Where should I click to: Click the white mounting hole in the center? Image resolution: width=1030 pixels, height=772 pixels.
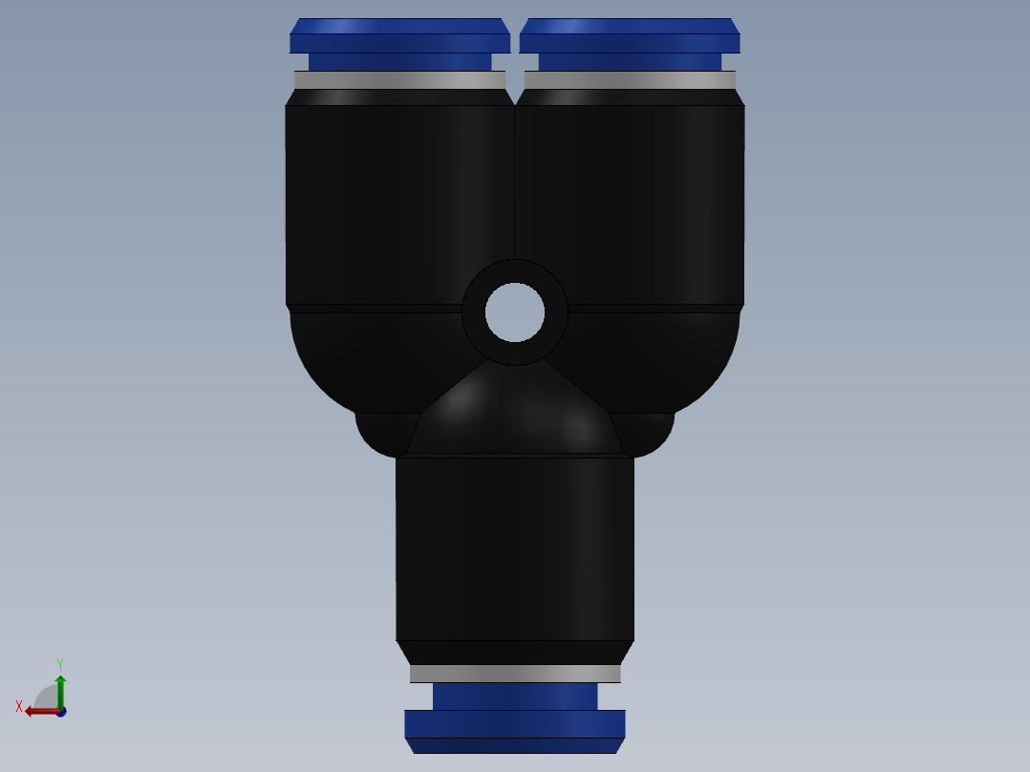[x=515, y=312]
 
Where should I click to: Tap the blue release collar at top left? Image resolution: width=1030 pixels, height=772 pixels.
[x=399, y=39]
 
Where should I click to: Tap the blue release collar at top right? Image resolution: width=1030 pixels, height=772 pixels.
[x=630, y=39]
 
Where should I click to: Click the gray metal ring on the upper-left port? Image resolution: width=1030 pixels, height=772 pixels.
[x=399, y=80]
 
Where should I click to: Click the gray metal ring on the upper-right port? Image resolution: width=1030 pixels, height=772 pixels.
[x=630, y=80]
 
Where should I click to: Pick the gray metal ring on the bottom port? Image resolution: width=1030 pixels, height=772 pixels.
[x=515, y=674]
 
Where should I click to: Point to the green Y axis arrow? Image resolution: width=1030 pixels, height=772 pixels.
[x=60, y=689]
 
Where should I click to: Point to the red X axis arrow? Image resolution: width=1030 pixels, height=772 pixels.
[x=38, y=711]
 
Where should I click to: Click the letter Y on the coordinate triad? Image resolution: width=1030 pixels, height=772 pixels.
[x=59, y=663]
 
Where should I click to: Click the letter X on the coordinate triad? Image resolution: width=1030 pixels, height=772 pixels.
[x=19, y=706]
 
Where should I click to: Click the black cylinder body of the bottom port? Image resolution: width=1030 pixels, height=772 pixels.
[x=515, y=549]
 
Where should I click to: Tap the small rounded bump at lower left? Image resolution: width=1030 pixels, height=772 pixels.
[x=382, y=432]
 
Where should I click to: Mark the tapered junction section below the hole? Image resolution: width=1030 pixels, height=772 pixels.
[x=515, y=416]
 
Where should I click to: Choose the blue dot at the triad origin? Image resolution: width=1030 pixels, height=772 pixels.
[x=60, y=713]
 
